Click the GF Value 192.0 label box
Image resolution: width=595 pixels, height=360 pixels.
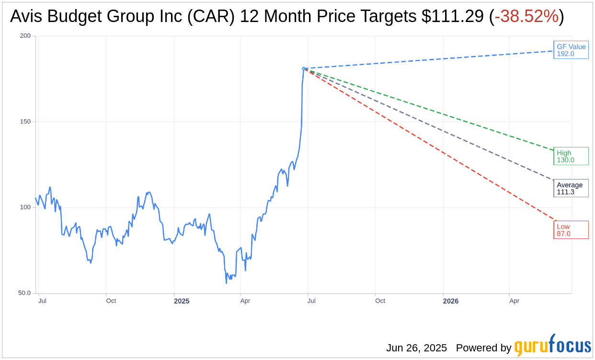point(571,50)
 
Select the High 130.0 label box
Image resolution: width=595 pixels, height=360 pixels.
point(571,156)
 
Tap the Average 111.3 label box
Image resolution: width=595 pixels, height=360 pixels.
point(571,188)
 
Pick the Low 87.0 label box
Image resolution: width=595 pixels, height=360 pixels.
point(571,230)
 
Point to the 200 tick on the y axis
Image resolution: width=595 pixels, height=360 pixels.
point(25,36)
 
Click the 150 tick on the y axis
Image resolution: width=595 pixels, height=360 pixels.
point(25,122)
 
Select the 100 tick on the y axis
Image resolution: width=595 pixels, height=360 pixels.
point(25,207)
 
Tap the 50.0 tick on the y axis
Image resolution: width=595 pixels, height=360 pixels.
point(24,293)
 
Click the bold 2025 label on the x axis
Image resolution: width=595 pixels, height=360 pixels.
point(182,301)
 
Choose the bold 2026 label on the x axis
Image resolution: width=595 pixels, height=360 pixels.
point(450,301)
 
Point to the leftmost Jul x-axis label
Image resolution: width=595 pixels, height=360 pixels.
point(42,301)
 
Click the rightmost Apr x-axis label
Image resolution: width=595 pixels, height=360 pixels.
point(514,301)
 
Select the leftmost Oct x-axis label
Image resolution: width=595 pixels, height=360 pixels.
point(111,301)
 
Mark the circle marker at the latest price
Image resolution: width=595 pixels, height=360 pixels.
point(304,68)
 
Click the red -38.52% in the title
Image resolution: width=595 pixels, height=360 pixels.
point(526,17)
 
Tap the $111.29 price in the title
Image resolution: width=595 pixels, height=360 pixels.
point(453,17)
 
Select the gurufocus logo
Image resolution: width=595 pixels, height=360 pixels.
point(552,346)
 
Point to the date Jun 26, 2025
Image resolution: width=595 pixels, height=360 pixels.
point(416,348)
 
